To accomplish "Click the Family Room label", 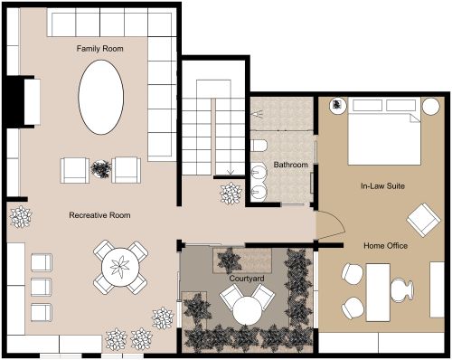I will (99, 48).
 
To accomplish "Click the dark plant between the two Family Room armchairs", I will (100, 168).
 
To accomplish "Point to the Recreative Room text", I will (100, 215).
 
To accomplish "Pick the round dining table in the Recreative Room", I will (118, 267).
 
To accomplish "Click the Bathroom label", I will (291, 166).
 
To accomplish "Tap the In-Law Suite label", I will (381, 186).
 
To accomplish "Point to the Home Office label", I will (385, 245).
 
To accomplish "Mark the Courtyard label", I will (246, 279).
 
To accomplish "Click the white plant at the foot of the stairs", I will (230, 193).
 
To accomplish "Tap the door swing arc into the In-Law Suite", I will (330, 228).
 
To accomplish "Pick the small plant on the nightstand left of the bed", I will (335, 106).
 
